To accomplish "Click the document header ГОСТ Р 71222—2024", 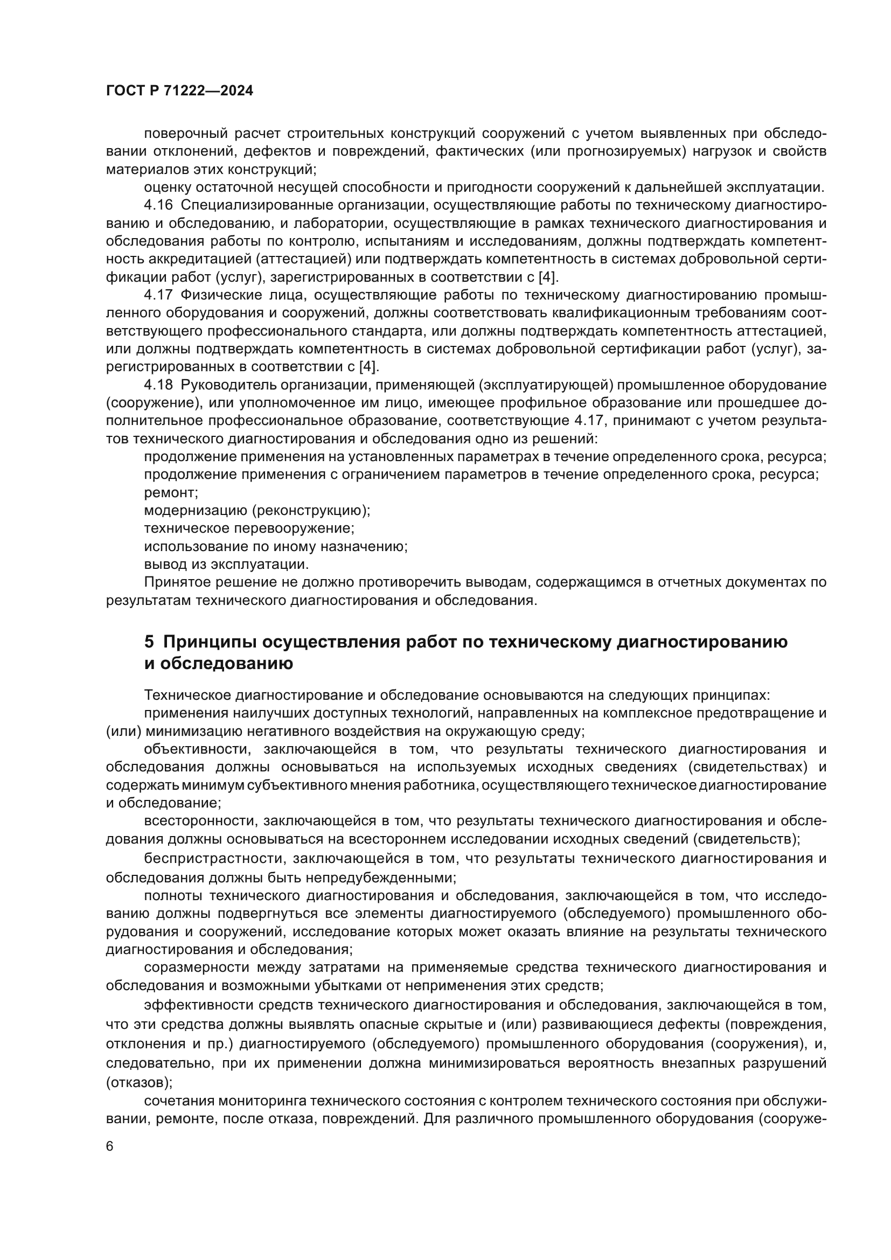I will click(x=179, y=91).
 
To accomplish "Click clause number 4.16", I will click(x=158, y=205).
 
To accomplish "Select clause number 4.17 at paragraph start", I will click(x=158, y=295).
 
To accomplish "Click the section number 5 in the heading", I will click(x=149, y=642).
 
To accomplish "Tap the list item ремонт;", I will click(x=171, y=492).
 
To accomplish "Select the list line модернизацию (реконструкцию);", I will click(x=257, y=510).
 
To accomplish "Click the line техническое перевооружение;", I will click(x=249, y=528).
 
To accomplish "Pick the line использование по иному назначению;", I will click(x=275, y=547).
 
